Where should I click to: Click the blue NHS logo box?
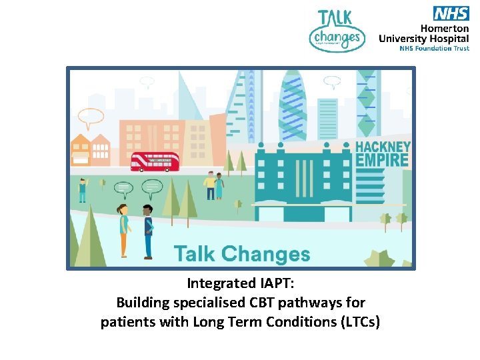pos(451,13)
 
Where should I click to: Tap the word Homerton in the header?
pos(445,28)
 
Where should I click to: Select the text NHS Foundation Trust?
pos(434,49)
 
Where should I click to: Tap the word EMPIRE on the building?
pos(382,160)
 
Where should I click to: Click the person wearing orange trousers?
pos(123,231)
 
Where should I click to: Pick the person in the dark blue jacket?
pos(148,231)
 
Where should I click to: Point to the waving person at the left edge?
pos(82,189)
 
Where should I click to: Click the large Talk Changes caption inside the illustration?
pos(242,253)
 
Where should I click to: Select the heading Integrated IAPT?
pos(240,284)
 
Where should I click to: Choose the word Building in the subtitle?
pos(143,303)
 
